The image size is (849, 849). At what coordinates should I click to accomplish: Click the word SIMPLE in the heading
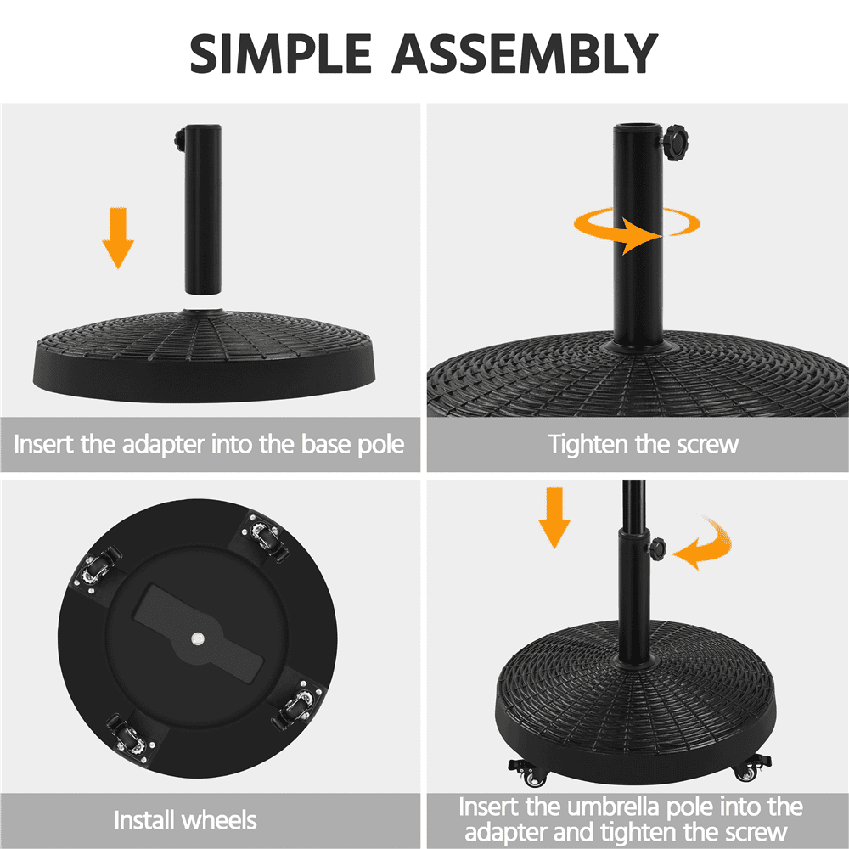pyautogui.click(x=280, y=53)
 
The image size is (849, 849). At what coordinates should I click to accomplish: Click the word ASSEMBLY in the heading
pyautogui.click(x=525, y=53)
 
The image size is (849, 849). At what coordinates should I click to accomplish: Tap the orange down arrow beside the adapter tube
pyautogui.click(x=118, y=238)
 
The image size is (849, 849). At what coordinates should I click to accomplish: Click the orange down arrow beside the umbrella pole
pyautogui.click(x=554, y=518)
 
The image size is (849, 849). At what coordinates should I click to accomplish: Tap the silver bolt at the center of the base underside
pyautogui.click(x=198, y=639)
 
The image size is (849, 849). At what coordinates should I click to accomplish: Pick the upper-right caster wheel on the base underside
pyautogui.click(x=265, y=537)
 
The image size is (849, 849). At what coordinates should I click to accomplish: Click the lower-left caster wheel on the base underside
pyautogui.click(x=130, y=739)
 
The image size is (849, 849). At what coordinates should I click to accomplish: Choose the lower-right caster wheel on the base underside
pyautogui.click(x=299, y=705)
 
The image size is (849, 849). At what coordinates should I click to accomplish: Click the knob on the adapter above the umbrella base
pyautogui.click(x=657, y=549)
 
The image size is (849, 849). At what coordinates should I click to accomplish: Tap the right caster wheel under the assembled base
pyautogui.click(x=751, y=768)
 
